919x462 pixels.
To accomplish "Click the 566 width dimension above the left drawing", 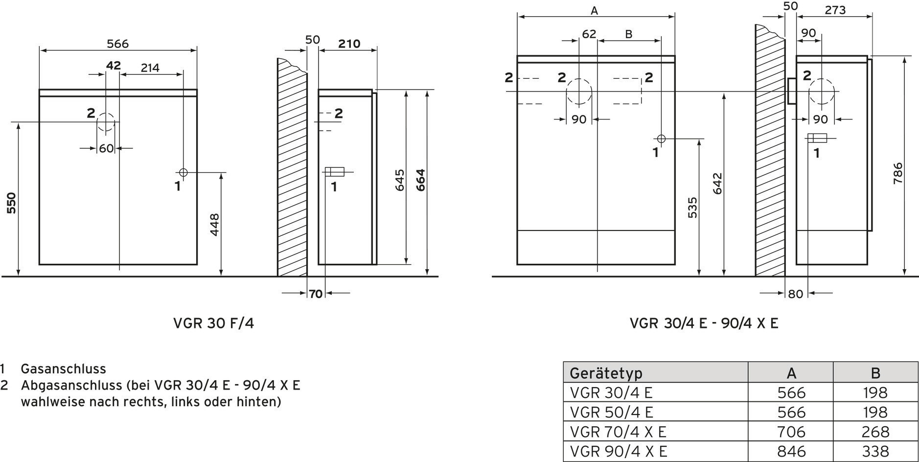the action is coord(118,44).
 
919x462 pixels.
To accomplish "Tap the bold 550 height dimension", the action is coord(12,203).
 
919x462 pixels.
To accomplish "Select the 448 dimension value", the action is coord(214,225).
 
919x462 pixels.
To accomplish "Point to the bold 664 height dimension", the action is coord(420,180).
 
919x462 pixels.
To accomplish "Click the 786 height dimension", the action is coord(898,173).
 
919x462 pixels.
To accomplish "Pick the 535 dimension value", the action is coord(692,208).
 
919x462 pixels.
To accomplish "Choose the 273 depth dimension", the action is coord(835,10).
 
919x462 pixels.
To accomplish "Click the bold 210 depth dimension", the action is coord(349,44).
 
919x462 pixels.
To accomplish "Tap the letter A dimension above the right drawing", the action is coord(595,10).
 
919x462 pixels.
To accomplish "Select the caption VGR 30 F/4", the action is coord(214,323).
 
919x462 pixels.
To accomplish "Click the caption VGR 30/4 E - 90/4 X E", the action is coord(704,323).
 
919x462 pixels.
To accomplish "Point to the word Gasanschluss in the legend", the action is coord(63,369).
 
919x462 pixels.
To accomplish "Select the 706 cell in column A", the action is coord(791,432).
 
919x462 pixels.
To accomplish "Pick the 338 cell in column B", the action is coord(875,451).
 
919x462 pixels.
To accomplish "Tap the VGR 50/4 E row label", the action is coord(612,412).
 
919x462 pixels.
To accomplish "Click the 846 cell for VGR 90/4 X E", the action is coord(791,451).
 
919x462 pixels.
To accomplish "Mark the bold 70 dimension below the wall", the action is coord(316,294).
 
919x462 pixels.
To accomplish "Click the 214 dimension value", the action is coord(150,68).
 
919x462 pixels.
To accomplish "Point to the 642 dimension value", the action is coord(717,184).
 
